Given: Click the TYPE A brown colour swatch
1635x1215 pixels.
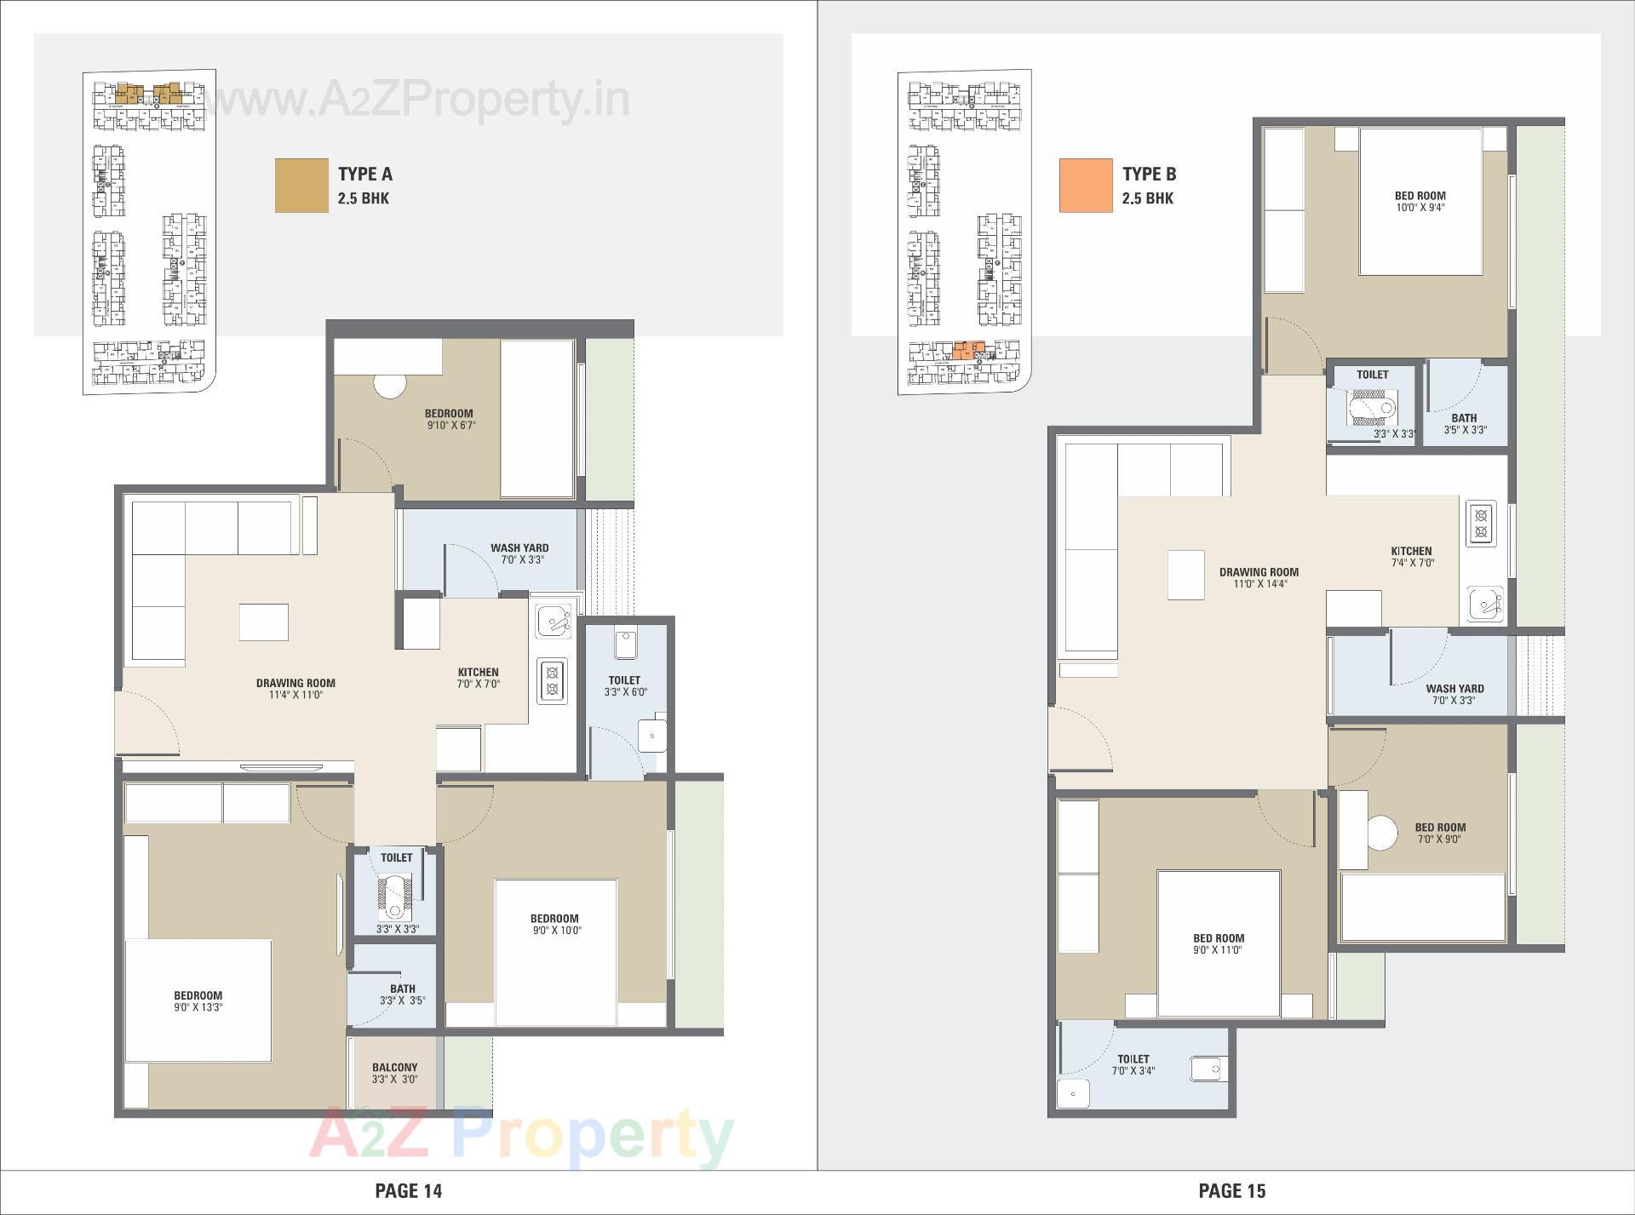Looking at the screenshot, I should click(301, 185).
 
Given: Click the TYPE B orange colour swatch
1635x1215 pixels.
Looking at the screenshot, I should click(1086, 185).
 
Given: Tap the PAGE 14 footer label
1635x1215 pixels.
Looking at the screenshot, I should click(409, 1190).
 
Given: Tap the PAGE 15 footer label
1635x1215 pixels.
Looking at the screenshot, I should click(1232, 1190).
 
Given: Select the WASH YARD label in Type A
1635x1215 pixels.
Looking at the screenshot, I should click(519, 548).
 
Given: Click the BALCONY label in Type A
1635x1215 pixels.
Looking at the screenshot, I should click(394, 1067).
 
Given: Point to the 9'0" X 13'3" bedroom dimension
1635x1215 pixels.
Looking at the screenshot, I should click(198, 1007).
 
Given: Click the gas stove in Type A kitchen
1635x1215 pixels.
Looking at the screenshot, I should click(552, 680).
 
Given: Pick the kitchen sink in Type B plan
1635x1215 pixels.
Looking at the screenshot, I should click(1485, 605).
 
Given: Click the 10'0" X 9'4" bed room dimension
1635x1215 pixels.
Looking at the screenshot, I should click(1420, 208).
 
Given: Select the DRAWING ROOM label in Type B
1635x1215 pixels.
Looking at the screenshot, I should click(1259, 572).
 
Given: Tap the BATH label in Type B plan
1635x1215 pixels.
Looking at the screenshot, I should click(1464, 418).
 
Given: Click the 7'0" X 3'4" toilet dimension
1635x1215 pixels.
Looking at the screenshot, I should click(1133, 1071).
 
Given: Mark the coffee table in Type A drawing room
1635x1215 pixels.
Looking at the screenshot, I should click(263, 622).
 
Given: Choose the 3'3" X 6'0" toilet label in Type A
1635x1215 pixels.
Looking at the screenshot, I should click(625, 692).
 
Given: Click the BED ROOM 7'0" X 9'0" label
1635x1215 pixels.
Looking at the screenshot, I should click(1440, 833).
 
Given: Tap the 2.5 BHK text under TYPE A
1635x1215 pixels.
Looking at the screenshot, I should click(364, 198).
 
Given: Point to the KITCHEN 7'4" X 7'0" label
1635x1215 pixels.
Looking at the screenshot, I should click(1411, 557).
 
